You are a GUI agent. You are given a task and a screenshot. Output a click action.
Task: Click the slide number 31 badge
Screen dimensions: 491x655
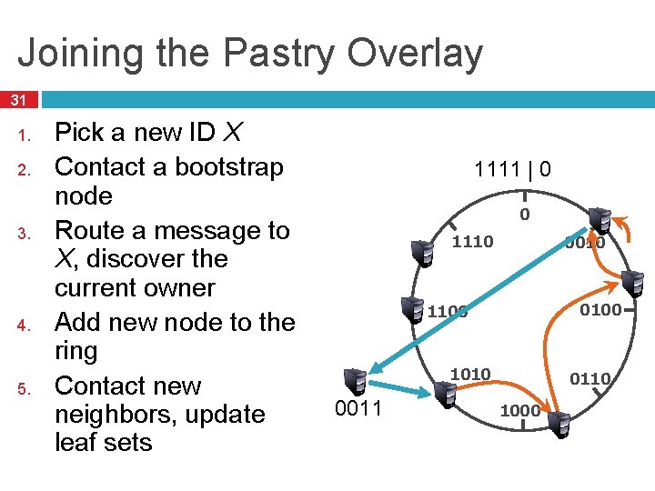pyautogui.click(x=18, y=99)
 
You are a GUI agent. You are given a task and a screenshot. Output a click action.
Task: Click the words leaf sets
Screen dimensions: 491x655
pyautogui.click(x=103, y=443)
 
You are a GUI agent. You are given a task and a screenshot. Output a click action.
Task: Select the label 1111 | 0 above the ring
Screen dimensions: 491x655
pyautogui.click(x=512, y=169)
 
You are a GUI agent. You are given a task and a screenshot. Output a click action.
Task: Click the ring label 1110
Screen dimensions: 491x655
pyautogui.click(x=472, y=242)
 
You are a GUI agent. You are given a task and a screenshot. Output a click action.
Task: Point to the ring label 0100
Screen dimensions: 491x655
pyautogui.click(x=600, y=310)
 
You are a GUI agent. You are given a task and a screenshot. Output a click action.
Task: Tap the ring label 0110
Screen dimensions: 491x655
pyautogui.click(x=590, y=378)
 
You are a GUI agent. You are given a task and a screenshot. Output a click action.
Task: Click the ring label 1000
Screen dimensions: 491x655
pyautogui.click(x=519, y=411)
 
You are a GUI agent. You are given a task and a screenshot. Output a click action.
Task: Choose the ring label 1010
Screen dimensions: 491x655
pyautogui.click(x=470, y=375)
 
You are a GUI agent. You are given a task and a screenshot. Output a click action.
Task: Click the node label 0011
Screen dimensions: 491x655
pyautogui.click(x=358, y=409)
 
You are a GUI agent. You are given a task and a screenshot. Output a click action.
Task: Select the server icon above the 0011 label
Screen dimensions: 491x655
pyautogui.click(x=354, y=380)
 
